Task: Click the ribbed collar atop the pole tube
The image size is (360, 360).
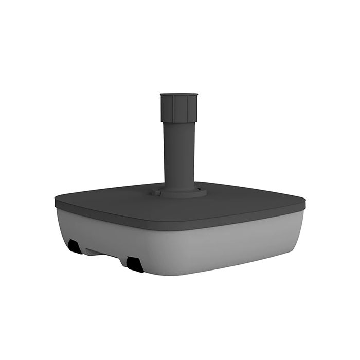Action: pos(178,109)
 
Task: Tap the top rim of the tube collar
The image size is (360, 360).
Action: pos(178,95)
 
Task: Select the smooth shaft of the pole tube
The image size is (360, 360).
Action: pos(178,154)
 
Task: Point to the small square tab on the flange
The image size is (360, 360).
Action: pos(154,194)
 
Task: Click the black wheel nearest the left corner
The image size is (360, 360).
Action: pos(74,247)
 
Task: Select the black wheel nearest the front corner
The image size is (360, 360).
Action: pos(135,264)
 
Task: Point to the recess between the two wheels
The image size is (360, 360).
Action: pos(103,253)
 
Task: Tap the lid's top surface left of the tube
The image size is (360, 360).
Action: pos(113,198)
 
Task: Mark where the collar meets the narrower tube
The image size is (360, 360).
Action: pos(178,122)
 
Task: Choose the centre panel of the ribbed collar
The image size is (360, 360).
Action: pos(178,110)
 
